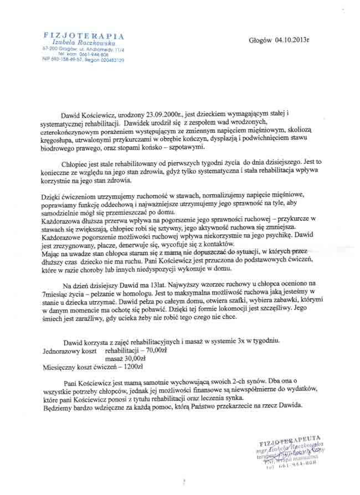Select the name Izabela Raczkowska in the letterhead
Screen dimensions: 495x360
(x=83, y=42)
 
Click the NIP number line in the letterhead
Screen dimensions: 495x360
(x=83, y=59)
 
